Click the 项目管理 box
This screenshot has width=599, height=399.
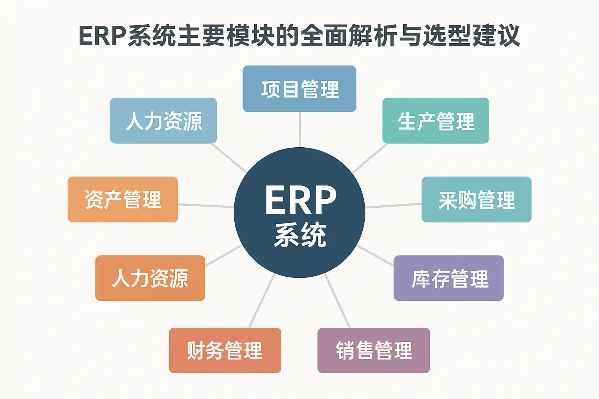tap(299, 89)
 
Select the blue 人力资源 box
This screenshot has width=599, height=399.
tap(163, 121)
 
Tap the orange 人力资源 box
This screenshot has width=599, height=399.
tap(150, 278)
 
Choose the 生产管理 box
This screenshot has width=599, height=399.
tap(436, 121)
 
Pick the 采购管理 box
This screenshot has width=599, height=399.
tap(476, 199)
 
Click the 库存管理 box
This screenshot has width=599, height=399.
tap(448, 278)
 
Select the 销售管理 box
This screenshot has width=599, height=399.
tap(374, 350)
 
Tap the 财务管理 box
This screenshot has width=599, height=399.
tap(225, 350)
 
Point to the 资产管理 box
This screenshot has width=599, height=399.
tap(123, 199)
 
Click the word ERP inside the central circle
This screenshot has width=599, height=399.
tap(300, 200)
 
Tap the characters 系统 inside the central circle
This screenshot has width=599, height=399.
tap(300, 235)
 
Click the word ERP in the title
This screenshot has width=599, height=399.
tap(102, 36)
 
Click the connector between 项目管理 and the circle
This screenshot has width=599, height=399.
tap(299, 129)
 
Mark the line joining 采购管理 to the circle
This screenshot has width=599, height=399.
tap(393, 205)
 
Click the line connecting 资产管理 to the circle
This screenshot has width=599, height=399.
tap(206, 205)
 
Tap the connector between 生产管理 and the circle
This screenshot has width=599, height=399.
tap(370, 158)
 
